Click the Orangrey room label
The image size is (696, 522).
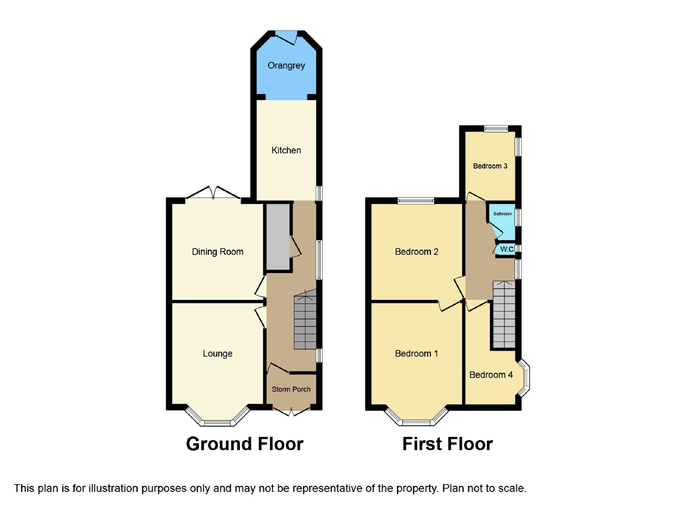(x=286, y=65)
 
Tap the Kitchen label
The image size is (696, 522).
(x=286, y=150)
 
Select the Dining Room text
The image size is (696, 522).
(x=218, y=252)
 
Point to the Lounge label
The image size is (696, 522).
(x=218, y=354)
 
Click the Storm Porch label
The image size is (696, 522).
(x=291, y=389)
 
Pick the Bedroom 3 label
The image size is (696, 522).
(x=490, y=166)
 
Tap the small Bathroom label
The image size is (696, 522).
(x=502, y=214)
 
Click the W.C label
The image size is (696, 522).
(x=507, y=249)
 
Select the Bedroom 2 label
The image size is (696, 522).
(x=417, y=252)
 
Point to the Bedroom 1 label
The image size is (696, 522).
(x=417, y=354)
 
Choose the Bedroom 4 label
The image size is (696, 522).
(x=491, y=375)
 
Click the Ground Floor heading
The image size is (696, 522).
(x=245, y=444)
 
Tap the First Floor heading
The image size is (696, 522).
(x=448, y=444)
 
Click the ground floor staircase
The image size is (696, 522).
(x=305, y=322)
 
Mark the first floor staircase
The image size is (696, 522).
(x=504, y=315)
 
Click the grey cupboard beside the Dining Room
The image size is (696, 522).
(x=278, y=237)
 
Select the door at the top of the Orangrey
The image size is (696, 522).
(x=287, y=37)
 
